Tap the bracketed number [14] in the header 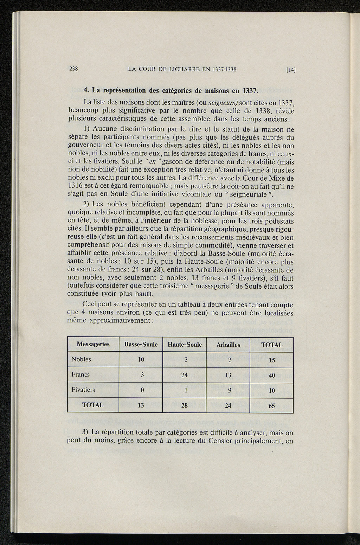pos(290,70)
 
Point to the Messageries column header pos(93,344)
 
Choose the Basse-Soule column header pos(141,345)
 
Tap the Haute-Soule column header pos(185,345)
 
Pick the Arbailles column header pos(228,345)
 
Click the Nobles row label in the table pos(81,359)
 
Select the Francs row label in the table pos(81,374)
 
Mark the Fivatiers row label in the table pos(83,390)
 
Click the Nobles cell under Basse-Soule pos(141,360)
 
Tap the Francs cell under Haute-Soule pos(185,375)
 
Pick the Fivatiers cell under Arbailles pos(228,390)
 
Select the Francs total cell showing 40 pos(272,375)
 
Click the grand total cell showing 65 pos(272,406)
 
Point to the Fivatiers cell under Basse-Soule pos(141,390)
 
